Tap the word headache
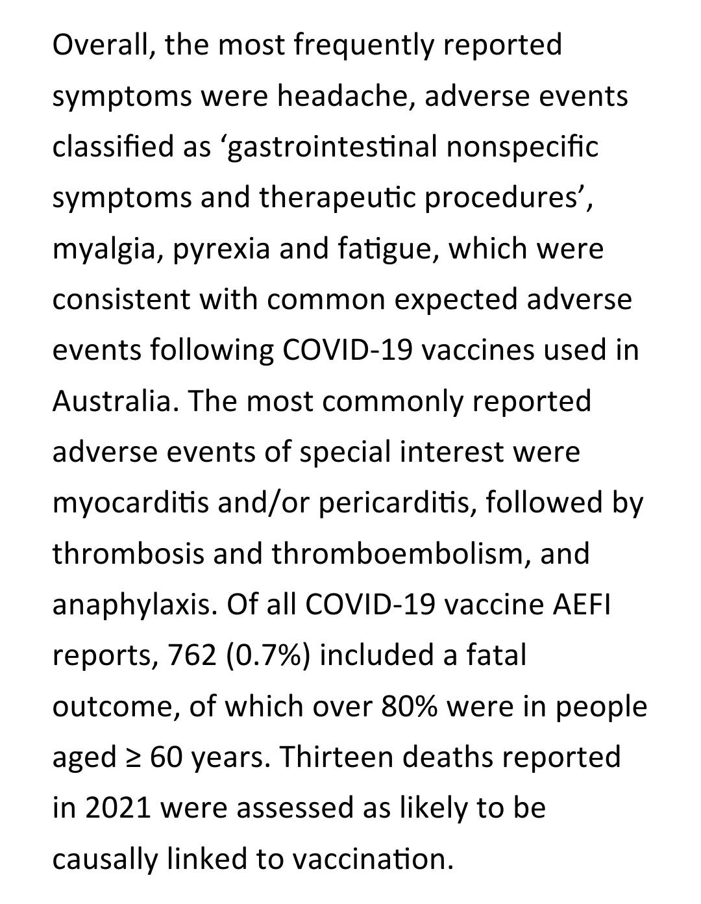tap(346, 96)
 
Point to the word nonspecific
tap(522, 147)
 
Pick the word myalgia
tap(108, 249)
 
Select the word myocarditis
tap(130, 503)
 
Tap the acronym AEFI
tap(582, 605)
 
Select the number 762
tap(191, 655)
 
